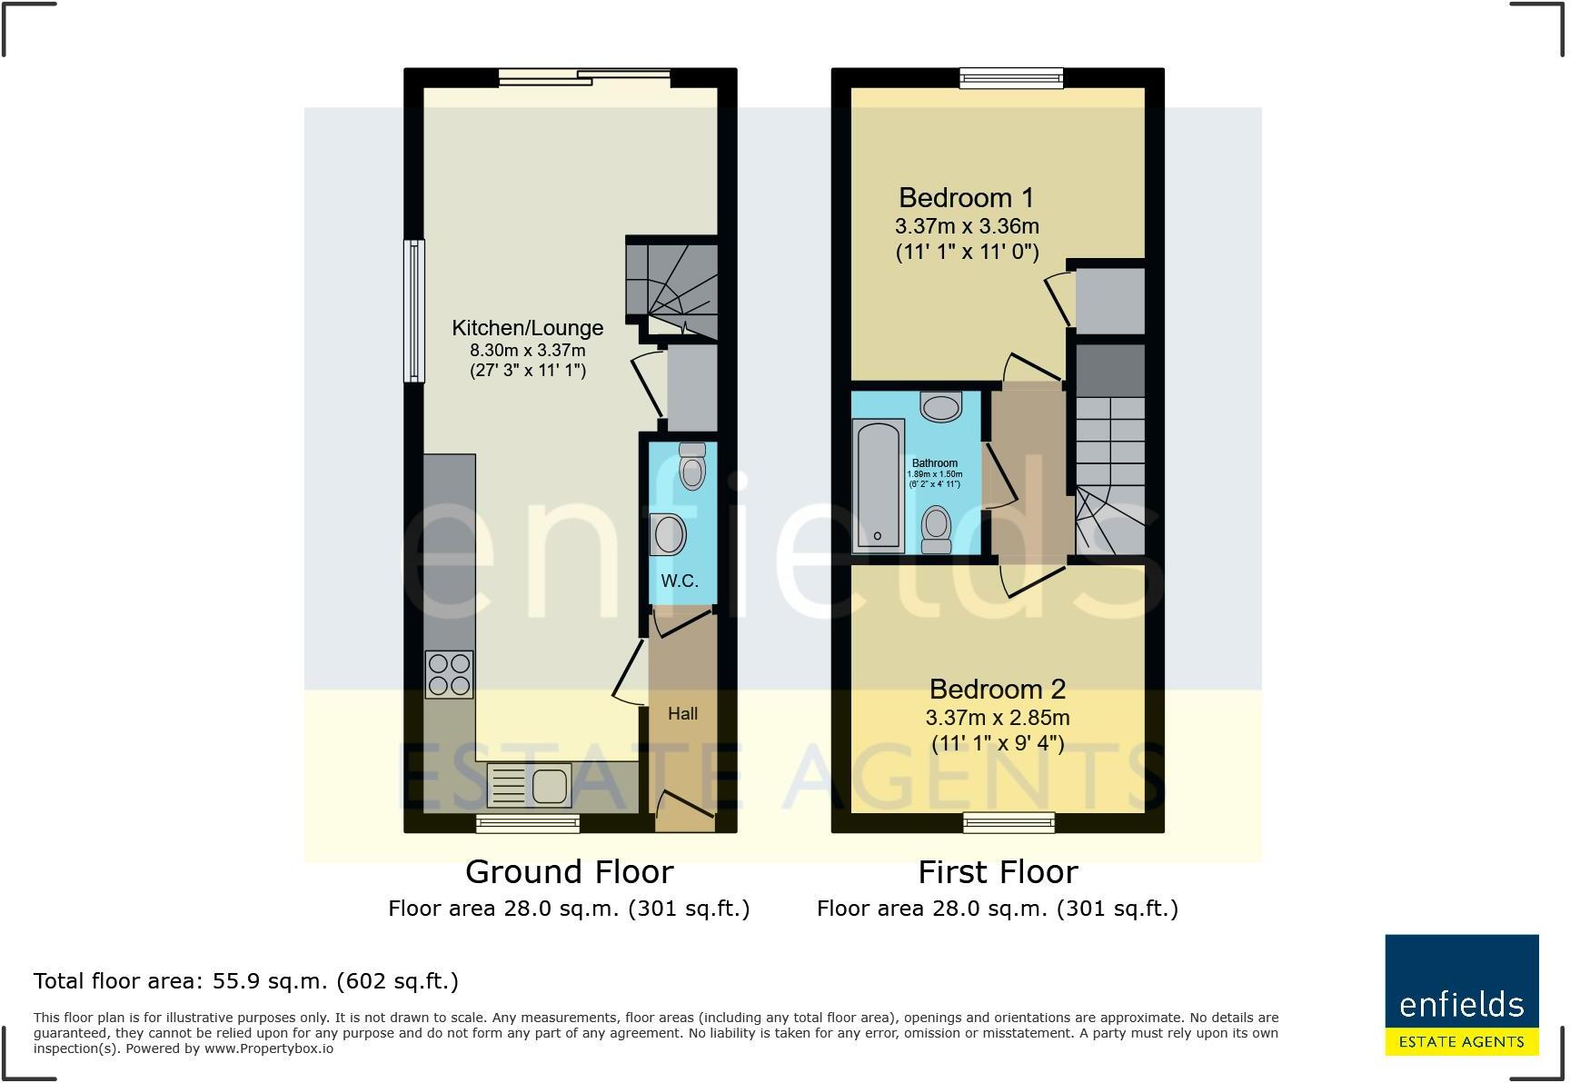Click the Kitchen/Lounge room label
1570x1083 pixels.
[527, 328]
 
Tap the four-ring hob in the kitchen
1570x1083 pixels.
[449, 674]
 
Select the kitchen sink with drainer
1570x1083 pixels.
[530, 786]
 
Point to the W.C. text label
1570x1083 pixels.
[679, 581]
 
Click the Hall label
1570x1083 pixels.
[682, 714]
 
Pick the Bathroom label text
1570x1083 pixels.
[934, 463]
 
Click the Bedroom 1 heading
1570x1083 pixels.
[966, 197]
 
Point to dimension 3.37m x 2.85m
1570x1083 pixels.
[997, 718]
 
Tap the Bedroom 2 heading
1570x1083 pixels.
[997, 689]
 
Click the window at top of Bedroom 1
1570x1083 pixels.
[1011, 79]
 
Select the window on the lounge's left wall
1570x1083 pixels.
[414, 310]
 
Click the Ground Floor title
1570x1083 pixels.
[569, 872]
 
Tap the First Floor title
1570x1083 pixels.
[997, 872]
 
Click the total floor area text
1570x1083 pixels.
[245, 981]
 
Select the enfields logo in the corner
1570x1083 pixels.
[1461, 995]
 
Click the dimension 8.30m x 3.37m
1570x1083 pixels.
[527, 351]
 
